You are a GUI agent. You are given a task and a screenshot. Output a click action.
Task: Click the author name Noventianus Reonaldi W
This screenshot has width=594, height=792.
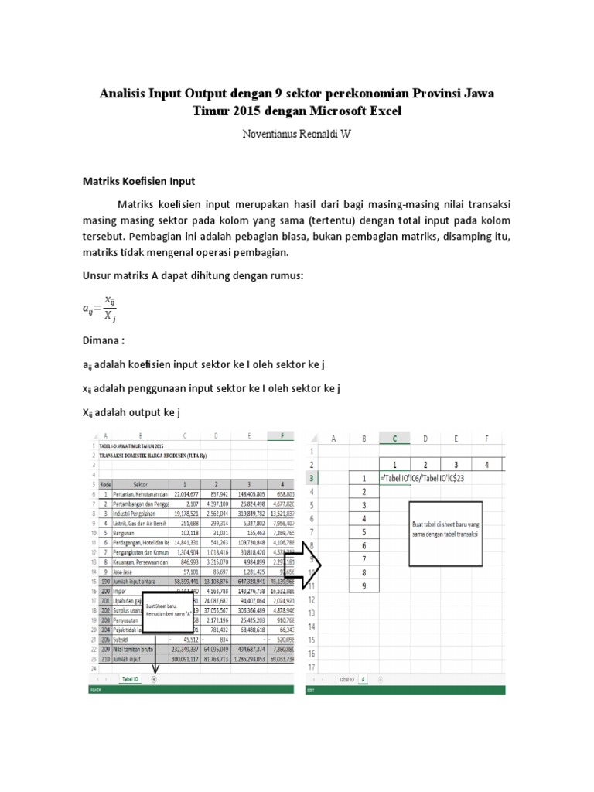(297, 134)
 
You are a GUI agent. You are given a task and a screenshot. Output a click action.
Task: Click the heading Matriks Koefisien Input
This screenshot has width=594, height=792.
(139, 181)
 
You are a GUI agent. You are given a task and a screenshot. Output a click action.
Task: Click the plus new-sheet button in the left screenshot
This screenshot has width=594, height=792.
(153, 678)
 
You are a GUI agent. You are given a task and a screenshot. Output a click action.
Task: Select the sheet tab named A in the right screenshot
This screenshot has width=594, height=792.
(362, 679)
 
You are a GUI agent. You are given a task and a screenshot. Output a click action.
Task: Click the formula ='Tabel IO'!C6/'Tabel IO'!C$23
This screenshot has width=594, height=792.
(423, 478)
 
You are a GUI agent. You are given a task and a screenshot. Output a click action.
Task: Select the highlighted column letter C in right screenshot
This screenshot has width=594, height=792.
(395, 439)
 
